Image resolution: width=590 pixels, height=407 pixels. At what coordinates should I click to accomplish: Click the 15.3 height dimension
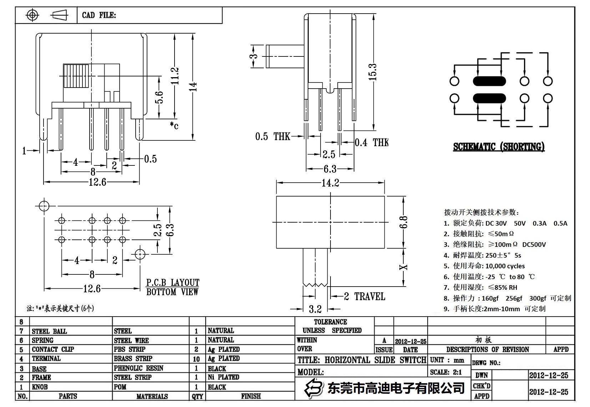pos(372,72)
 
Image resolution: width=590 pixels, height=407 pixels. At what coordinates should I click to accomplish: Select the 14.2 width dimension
pos(330,183)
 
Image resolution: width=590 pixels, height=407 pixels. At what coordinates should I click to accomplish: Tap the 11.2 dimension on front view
pos(175,76)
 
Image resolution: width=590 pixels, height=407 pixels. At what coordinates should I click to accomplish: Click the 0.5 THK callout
pos(273,137)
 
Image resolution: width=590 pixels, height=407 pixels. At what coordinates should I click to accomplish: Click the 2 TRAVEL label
pos(364,296)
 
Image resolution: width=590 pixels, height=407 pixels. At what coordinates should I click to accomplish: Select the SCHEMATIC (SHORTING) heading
pos(499,147)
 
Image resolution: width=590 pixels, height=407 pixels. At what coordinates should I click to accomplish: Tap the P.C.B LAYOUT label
pos(173,283)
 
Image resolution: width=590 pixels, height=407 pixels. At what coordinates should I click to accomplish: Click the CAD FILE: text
pos(99,15)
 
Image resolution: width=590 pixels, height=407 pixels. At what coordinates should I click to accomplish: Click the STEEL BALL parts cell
pos(49,331)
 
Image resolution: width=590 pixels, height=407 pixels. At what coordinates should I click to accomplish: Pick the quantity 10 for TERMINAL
pos(196,359)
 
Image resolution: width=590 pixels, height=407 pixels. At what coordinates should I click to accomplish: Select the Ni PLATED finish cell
pos(223,377)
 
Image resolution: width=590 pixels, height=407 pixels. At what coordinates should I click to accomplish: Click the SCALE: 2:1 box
pos(446,372)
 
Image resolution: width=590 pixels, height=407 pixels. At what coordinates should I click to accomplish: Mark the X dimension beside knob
pos(404,267)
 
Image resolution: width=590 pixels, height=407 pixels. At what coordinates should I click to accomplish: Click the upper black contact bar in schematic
pos(489,81)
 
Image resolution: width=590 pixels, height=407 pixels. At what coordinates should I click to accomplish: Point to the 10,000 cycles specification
pos(505,266)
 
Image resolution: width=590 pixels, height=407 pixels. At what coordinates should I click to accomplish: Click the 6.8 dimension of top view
pos(404,222)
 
